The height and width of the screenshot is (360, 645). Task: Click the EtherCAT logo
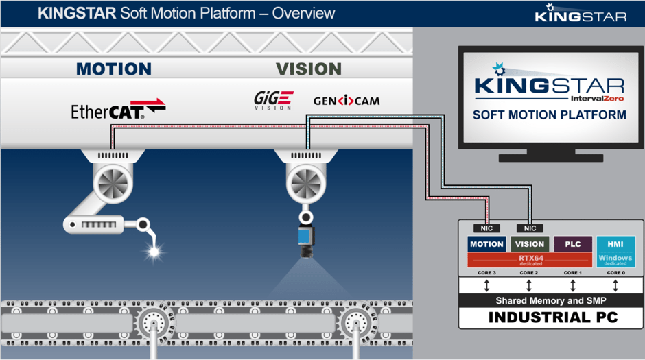(x=118, y=108)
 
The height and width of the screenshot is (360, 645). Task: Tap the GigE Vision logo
(x=272, y=100)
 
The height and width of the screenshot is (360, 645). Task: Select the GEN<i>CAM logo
(x=347, y=101)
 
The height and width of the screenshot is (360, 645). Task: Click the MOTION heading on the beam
(x=114, y=69)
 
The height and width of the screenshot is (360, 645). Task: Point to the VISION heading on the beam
(x=308, y=69)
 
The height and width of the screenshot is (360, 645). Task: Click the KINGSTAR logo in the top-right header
(x=580, y=14)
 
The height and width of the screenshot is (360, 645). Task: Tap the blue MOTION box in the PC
(x=486, y=243)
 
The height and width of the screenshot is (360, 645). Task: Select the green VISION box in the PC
(x=529, y=243)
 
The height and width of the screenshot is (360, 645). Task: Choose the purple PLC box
(x=572, y=243)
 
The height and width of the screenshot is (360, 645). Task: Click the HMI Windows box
(x=615, y=251)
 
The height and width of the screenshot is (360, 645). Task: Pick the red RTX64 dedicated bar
(x=530, y=259)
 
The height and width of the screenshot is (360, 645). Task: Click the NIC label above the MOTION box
(x=486, y=228)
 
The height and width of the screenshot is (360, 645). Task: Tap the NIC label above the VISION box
(x=529, y=228)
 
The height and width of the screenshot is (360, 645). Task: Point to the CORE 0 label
(x=615, y=272)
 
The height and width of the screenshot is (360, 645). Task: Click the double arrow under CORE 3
(x=486, y=285)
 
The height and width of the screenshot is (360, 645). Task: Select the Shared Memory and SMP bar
(x=551, y=300)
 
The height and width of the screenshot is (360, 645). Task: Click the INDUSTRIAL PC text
(x=551, y=317)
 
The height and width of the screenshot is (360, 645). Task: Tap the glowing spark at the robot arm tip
(x=154, y=252)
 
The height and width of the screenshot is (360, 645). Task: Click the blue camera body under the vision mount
(x=303, y=237)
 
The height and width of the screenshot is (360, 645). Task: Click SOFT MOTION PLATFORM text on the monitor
(x=550, y=115)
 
